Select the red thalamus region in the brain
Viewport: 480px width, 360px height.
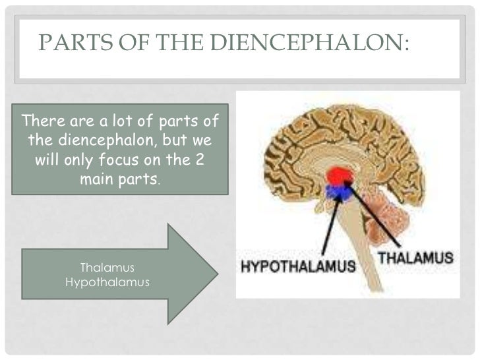click(340, 175)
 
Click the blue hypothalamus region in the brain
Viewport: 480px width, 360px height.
click(339, 192)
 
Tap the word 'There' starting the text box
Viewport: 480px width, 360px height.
click(39, 122)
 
